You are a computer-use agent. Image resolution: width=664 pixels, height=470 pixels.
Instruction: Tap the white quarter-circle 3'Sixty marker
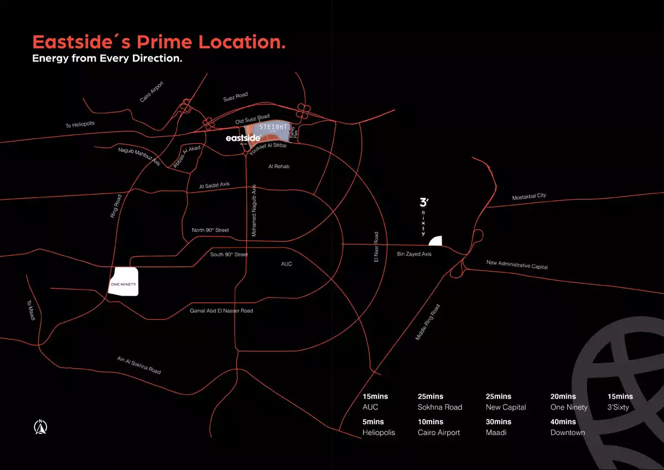click(437, 241)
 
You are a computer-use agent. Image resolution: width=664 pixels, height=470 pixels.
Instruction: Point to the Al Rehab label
click(279, 166)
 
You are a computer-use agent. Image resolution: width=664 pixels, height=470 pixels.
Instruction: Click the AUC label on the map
click(286, 264)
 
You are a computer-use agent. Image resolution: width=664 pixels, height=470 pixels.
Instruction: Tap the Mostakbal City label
click(529, 196)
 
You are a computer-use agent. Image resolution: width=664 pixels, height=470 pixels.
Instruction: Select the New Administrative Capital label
click(517, 265)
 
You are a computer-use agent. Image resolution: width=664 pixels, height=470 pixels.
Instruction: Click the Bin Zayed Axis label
click(414, 254)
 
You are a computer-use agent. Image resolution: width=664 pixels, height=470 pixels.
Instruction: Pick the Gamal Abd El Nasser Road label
click(221, 311)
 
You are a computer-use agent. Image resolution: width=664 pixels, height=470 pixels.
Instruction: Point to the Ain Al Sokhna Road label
click(139, 365)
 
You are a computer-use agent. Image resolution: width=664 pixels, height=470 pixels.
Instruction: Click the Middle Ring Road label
click(428, 322)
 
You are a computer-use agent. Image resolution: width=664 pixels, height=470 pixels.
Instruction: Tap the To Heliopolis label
click(80, 125)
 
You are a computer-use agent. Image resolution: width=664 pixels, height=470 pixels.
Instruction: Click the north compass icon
click(40, 427)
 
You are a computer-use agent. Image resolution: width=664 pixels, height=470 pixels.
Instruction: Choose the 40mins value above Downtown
click(563, 422)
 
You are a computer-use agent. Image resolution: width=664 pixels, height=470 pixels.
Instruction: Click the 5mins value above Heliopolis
click(373, 422)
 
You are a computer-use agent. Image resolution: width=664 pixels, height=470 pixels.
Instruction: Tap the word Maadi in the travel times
click(497, 432)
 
